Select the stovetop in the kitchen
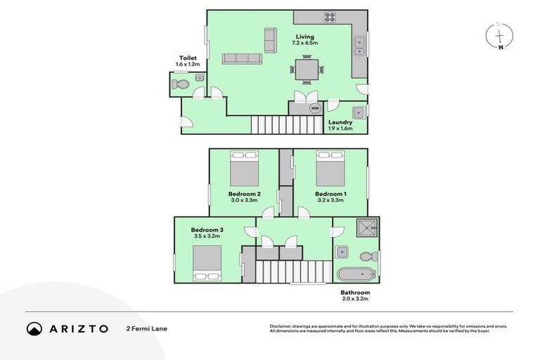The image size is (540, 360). point(330,18)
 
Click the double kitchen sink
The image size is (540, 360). point(359,46)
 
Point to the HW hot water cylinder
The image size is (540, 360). point(315,108)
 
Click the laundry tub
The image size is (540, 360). point(358,111)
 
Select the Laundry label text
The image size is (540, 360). point(340,122)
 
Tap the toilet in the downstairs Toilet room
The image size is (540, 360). point(180,85)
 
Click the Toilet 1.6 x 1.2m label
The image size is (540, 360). point(188,62)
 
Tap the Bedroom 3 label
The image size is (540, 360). point(207,230)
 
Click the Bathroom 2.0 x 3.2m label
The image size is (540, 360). point(355,295)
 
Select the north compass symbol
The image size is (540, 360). point(499,36)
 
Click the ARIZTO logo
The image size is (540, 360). point(67,328)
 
